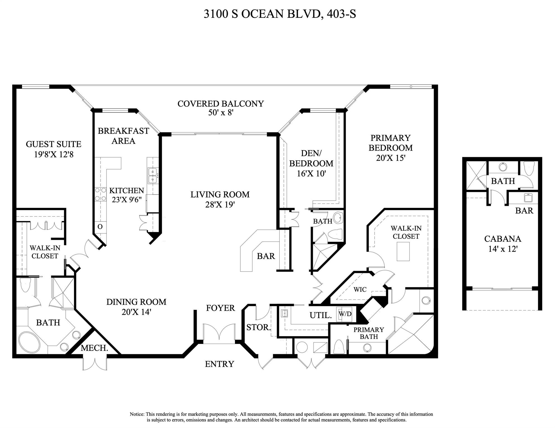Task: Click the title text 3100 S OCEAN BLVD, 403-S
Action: point(280,14)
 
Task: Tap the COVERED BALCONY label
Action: point(220,104)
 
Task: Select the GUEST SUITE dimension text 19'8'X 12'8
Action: point(54,154)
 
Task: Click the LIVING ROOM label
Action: point(220,195)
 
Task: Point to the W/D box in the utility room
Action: point(345,314)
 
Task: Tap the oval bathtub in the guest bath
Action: point(30,342)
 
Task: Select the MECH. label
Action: point(94,348)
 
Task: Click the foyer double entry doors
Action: point(219,332)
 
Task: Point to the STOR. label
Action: point(258,327)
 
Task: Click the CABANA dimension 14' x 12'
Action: point(503,249)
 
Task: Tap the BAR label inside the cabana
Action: point(524,211)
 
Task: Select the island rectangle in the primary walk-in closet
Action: point(403,251)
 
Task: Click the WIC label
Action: point(360,289)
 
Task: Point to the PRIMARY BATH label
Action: point(369,333)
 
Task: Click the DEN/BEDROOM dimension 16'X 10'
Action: point(311,174)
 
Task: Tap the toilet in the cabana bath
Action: point(529,168)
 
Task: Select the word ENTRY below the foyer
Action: point(219,364)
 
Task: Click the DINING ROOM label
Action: point(136,302)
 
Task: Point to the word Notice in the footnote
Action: point(137,414)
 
